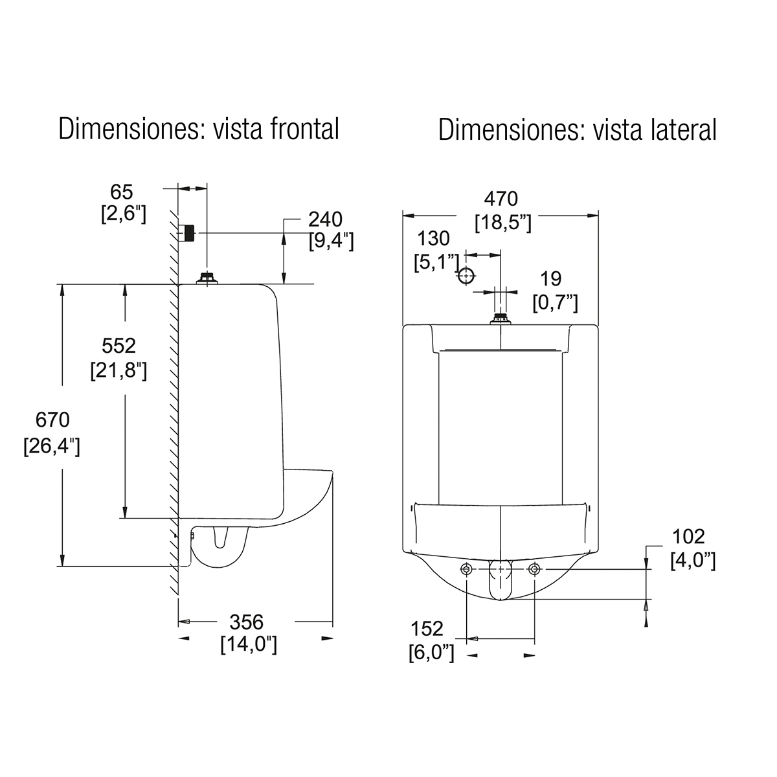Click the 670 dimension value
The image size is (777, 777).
point(52,420)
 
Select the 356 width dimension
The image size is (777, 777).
point(247,622)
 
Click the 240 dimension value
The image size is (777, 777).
point(325,219)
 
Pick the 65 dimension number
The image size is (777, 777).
point(121,192)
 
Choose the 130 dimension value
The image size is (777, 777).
point(433,238)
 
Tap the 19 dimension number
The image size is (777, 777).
point(551,278)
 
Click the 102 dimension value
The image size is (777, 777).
point(688,536)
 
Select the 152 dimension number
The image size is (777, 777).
point(427,628)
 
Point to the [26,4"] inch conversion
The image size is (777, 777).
point(51,447)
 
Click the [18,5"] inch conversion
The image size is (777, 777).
point(503,222)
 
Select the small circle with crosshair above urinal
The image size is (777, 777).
point(465,276)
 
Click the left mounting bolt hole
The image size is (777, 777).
point(467,569)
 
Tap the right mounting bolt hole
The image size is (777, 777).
point(534,569)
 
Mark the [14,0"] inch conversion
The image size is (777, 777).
point(249,645)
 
